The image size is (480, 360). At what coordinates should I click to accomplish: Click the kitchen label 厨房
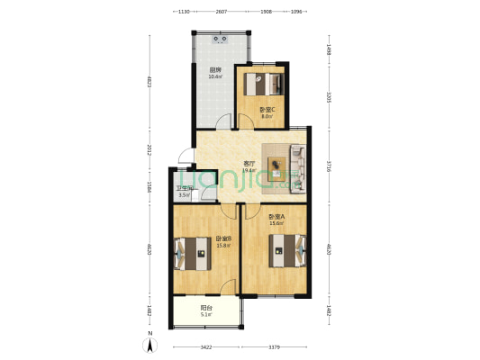215,70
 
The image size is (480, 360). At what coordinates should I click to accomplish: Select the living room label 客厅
249,163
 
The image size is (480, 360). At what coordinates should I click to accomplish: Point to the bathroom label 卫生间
184,188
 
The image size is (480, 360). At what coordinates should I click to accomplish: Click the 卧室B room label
223,238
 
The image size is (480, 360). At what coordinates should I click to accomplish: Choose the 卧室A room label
276,217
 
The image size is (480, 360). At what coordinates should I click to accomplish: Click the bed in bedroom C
265,84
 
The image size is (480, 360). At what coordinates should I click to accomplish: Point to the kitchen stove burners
220,39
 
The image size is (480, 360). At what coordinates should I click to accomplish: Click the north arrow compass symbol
150,343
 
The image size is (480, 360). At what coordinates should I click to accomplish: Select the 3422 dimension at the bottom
206,346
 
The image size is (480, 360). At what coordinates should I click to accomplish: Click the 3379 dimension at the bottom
275,346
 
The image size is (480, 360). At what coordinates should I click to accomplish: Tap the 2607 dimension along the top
221,13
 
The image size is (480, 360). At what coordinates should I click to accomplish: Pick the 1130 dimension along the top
183,13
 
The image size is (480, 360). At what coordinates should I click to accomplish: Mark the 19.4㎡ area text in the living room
249,170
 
